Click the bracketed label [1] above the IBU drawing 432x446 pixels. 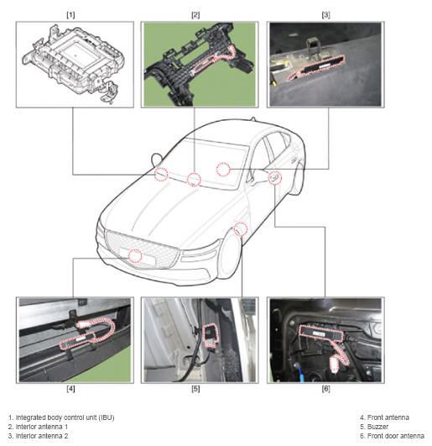(x=70, y=15)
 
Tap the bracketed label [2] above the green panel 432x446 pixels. (x=195, y=15)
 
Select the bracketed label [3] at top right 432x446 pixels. (x=325, y=15)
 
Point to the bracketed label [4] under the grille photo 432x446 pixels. (x=70, y=389)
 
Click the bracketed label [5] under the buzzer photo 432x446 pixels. (x=195, y=389)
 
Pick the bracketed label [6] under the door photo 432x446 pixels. (x=325, y=389)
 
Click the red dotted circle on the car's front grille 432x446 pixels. (x=135, y=255)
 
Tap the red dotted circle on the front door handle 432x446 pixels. (x=275, y=178)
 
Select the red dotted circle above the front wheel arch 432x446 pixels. (x=241, y=229)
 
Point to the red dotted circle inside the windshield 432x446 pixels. (x=223, y=170)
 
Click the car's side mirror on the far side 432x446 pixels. (x=156, y=160)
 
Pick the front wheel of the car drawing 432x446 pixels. (x=230, y=257)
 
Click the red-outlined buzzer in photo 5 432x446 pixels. (x=211, y=335)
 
